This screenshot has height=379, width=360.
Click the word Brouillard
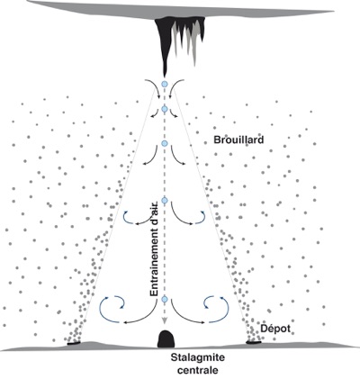coord(238,140)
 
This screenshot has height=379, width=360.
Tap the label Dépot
coord(275,329)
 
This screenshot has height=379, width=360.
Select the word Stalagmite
coord(198,357)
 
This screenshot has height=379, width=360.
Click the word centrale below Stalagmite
coord(198,370)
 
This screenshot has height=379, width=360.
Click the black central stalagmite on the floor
coord(166,339)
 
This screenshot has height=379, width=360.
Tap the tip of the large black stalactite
coord(165,77)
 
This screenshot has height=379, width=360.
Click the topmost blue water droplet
coord(164,84)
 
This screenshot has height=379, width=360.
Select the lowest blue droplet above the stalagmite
coord(164,299)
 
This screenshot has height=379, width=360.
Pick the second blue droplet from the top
coord(164,109)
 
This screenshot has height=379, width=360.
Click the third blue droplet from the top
coord(164,143)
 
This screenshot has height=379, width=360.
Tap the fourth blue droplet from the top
coord(164,200)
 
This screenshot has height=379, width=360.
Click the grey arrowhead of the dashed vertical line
coord(164,320)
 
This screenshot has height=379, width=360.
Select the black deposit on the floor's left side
coord(74,343)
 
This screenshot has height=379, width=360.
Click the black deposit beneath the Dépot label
coord(254,341)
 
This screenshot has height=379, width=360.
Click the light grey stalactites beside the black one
coord(188,36)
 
